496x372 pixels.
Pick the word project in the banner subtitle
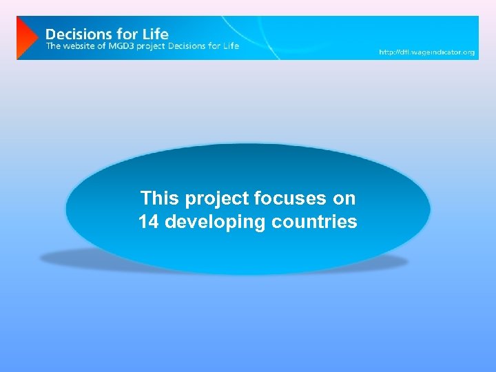point(156,46)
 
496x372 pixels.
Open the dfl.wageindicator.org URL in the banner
point(427,52)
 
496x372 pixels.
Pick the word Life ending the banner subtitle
point(231,46)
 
